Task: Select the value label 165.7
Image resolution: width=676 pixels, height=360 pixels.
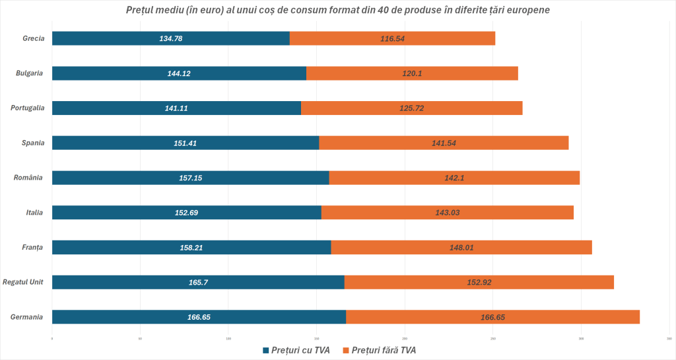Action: click(199, 282)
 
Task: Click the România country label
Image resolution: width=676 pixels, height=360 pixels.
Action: click(28, 178)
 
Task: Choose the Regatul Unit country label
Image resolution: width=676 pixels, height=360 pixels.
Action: click(23, 282)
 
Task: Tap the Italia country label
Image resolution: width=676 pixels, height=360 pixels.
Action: click(34, 213)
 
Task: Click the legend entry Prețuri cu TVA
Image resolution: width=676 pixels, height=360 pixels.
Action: click(297, 349)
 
